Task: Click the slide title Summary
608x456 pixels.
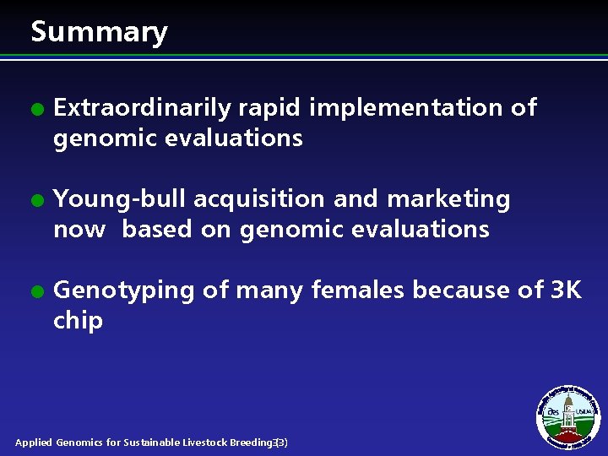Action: [99, 32]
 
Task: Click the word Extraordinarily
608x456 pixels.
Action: [142, 108]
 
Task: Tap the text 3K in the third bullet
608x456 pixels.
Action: [566, 290]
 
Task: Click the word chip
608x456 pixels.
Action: [78, 321]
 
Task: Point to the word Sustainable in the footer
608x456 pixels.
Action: [152, 442]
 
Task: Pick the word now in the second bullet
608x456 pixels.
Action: [79, 230]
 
